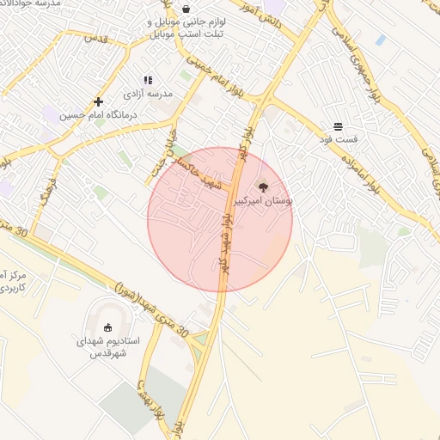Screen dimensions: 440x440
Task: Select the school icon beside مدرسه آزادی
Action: coord(148,80)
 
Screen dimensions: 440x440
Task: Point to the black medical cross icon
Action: coord(98,101)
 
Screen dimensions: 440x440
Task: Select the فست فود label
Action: coord(339,139)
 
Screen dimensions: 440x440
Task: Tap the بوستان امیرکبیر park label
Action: coord(263,199)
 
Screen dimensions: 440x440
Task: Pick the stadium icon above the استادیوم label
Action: coord(107,327)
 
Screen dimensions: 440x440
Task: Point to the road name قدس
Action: coord(95,40)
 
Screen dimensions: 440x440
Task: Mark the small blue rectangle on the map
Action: coord(380,40)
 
